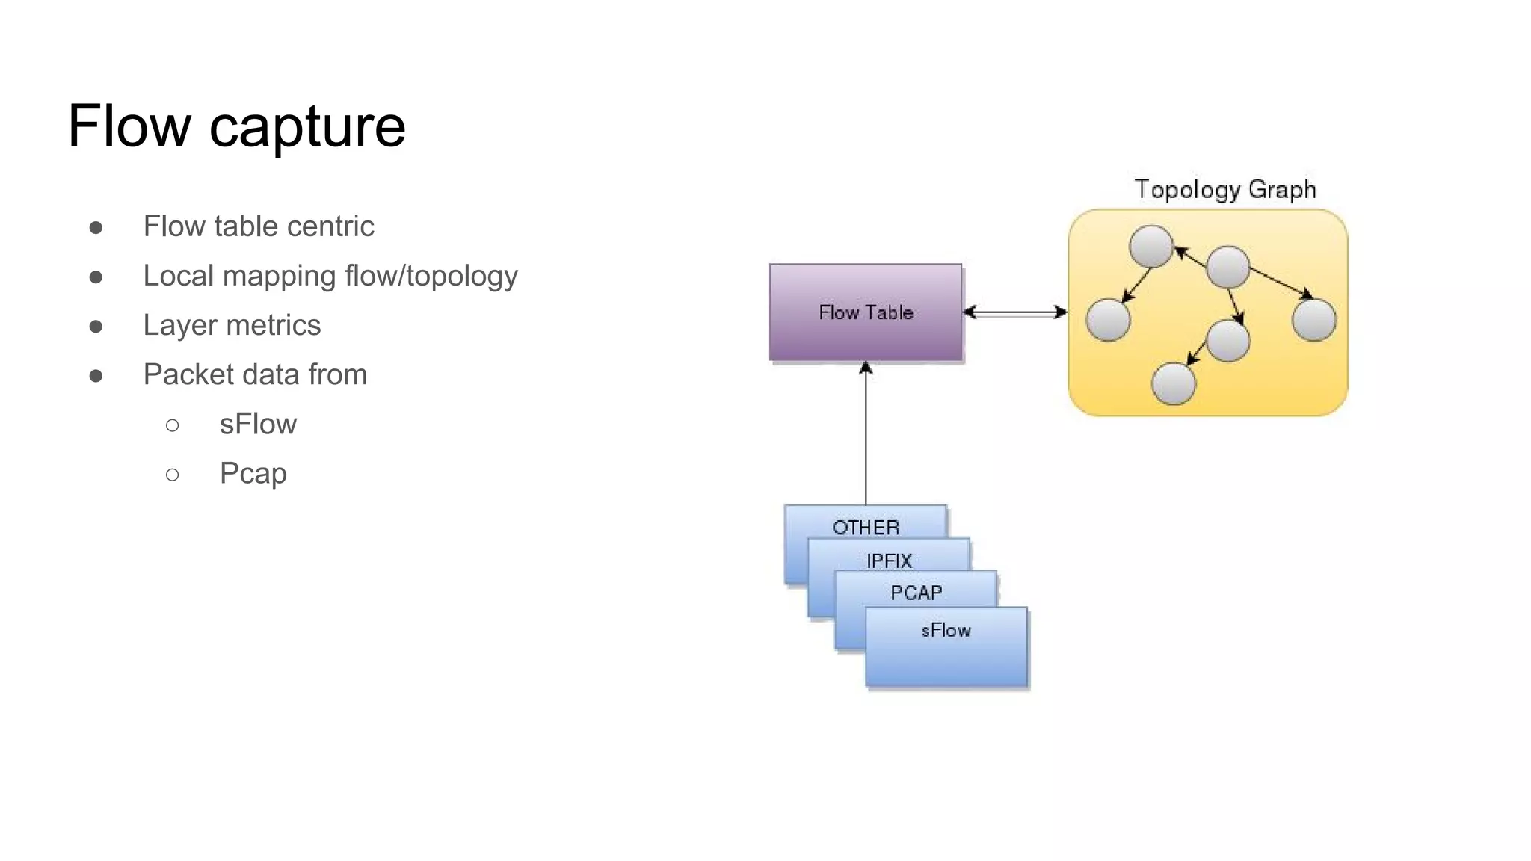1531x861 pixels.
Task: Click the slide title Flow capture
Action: pyautogui.click(x=236, y=126)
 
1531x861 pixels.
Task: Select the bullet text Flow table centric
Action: pyautogui.click(x=259, y=226)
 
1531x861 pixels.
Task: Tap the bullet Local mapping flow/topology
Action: pyautogui.click(x=330, y=276)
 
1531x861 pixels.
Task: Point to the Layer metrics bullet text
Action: pyautogui.click(x=232, y=325)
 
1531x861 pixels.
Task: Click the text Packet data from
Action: pyautogui.click(x=255, y=374)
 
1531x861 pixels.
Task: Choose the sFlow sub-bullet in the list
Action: pyautogui.click(x=258, y=424)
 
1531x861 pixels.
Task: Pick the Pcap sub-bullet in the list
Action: pyautogui.click(x=253, y=473)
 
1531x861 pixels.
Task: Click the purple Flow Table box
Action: pyautogui.click(x=866, y=312)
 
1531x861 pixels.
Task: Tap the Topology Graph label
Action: pyautogui.click(x=1225, y=189)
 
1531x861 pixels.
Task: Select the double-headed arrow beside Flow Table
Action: pyautogui.click(x=1014, y=312)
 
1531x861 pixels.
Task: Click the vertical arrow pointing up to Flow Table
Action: pyautogui.click(x=866, y=433)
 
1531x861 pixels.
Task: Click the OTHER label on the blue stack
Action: pyautogui.click(x=866, y=527)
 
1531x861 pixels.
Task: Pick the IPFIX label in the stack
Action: pyautogui.click(x=889, y=560)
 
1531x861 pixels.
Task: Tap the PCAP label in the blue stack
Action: pyautogui.click(x=916, y=593)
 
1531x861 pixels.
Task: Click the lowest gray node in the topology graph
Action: pyautogui.click(x=1174, y=383)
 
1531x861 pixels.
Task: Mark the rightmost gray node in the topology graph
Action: pyautogui.click(x=1313, y=320)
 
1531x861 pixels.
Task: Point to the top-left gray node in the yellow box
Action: pyautogui.click(x=1150, y=246)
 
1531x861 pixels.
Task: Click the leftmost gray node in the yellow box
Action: pyautogui.click(x=1108, y=320)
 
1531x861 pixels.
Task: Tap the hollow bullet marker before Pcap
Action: pyautogui.click(x=173, y=474)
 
